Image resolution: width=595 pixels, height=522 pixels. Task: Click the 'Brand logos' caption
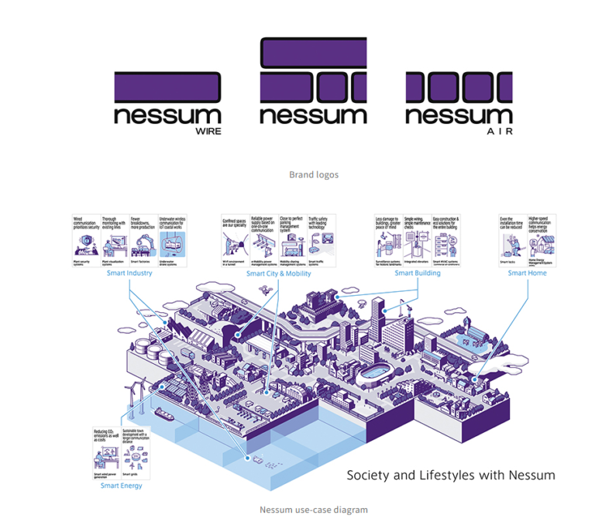[314, 175]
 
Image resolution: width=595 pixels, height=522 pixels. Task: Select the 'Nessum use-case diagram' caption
[314, 510]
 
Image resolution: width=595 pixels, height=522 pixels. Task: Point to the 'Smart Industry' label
[129, 273]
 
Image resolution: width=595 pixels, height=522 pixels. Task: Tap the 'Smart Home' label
[528, 273]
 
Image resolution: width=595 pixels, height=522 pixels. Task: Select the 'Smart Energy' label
[121, 486]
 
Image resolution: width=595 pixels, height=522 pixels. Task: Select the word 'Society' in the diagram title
[367, 475]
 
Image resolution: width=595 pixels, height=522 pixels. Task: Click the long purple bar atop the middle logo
[314, 53]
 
